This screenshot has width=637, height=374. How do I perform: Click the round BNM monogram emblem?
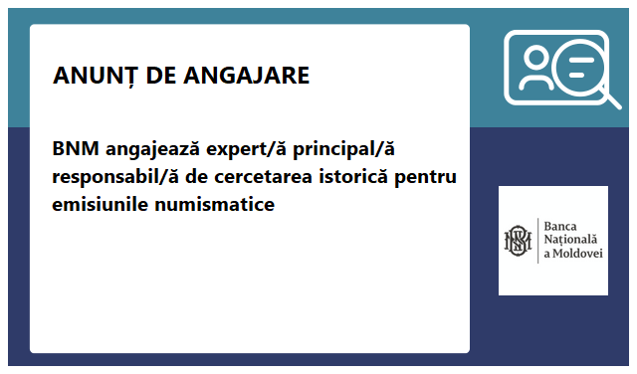[x=518, y=240]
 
